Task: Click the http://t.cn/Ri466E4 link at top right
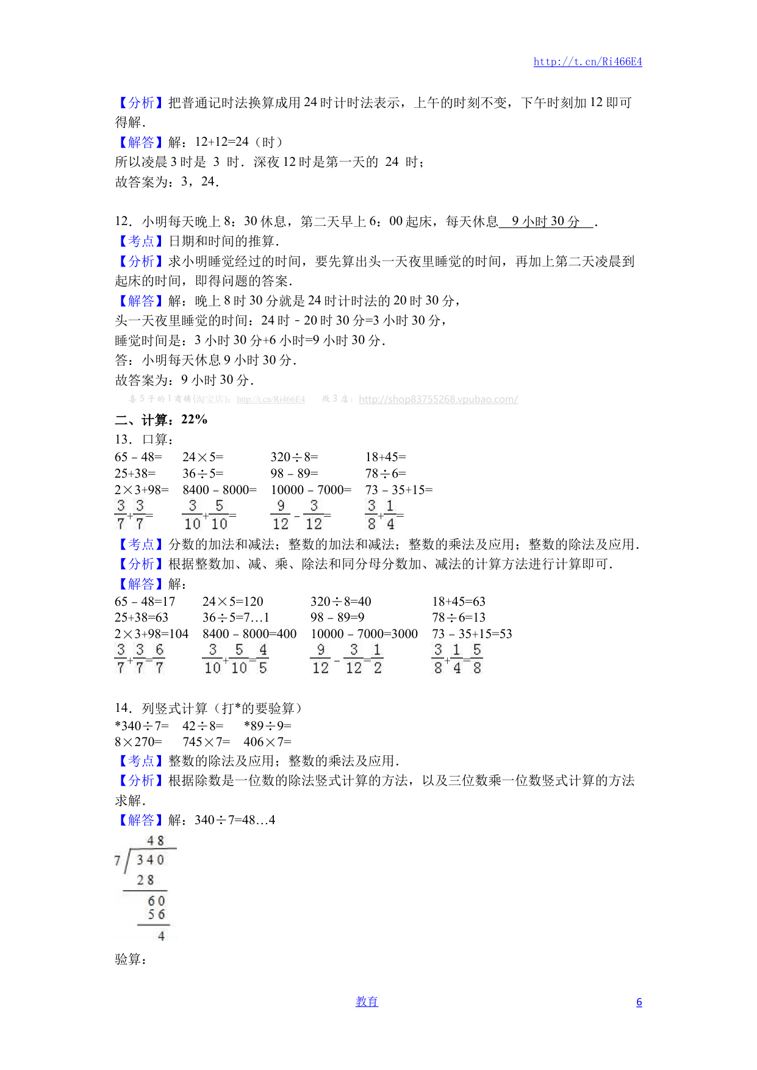click(587, 62)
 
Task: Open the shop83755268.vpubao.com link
click(438, 400)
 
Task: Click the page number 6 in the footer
click(639, 1002)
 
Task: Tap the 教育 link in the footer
click(367, 1002)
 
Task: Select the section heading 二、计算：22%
click(161, 420)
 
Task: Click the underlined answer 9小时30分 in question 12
click(545, 221)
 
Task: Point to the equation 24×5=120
click(232, 601)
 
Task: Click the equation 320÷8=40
click(340, 601)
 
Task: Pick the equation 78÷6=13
click(458, 617)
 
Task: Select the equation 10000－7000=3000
click(364, 634)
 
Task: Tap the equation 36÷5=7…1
click(235, 617)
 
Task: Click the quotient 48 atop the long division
click(156, 841)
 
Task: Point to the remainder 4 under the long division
click(161, 936)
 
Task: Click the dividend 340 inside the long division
click(150, 860)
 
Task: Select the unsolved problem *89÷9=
click(267, 726)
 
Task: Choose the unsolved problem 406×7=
click(267, 742)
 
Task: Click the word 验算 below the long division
click(131, 960)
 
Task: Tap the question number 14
click(123, 708)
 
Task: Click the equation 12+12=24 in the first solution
click(221, 142)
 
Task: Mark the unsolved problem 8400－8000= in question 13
click(220, 490)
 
